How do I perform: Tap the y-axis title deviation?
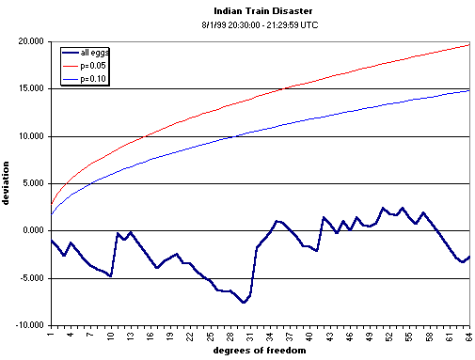click(x=8, y=184)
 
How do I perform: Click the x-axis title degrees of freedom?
click(x=260, y=352)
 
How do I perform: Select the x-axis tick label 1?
click(x=51, y=334)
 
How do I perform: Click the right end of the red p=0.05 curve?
click(x=469, y=44)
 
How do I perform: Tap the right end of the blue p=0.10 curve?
click(x=469, y=90)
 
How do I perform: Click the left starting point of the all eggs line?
click(x=51, y=241)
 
